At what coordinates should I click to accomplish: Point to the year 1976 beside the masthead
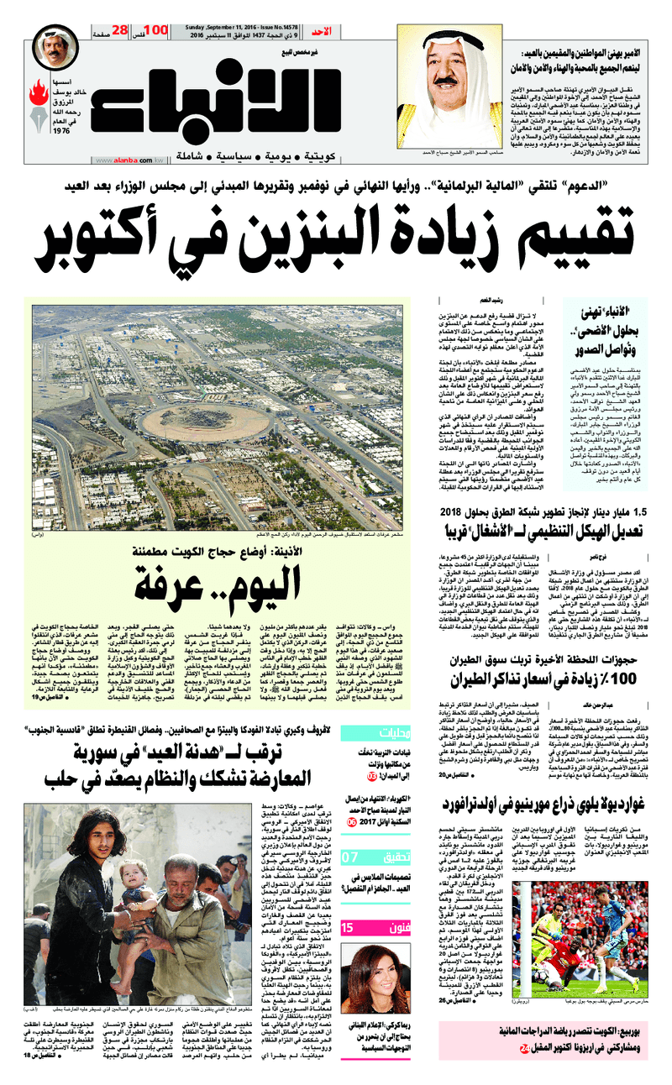[60, 131]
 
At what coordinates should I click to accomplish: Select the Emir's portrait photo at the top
[459, 63]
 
